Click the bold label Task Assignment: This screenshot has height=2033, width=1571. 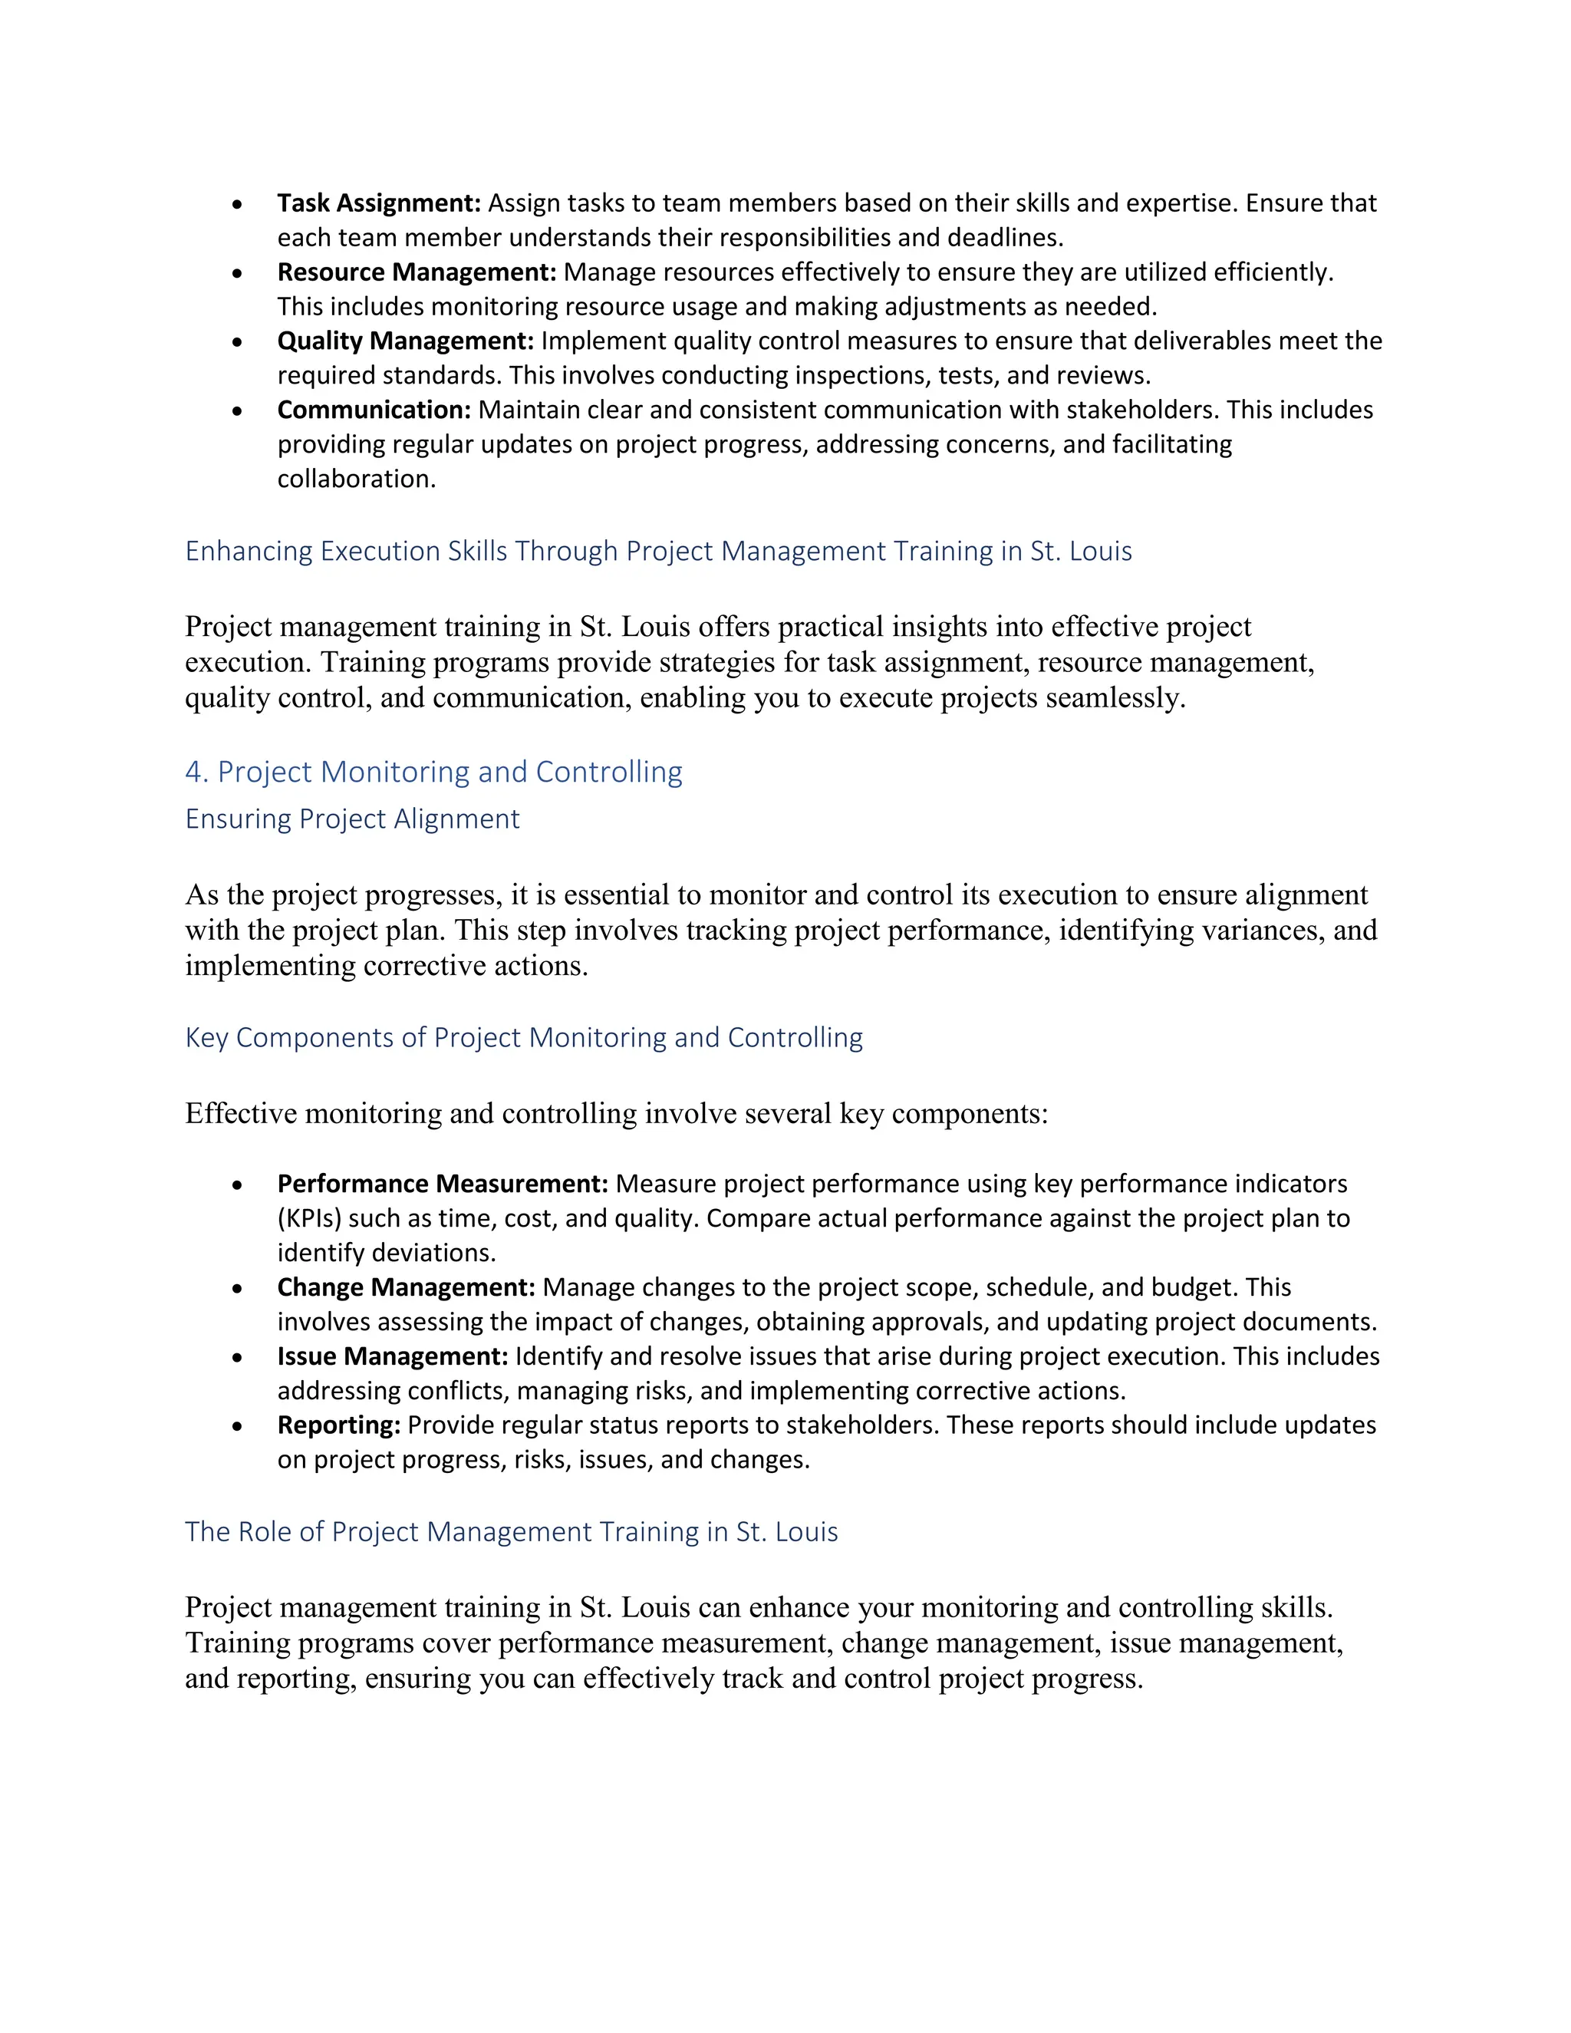point(379,203)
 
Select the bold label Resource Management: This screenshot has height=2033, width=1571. point(416,272)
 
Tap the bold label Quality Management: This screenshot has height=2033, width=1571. point(406,341)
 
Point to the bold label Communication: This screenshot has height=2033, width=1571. point(374,410)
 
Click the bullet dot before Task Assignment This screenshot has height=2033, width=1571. point(239,205)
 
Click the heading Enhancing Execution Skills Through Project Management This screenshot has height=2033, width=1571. point(658,551)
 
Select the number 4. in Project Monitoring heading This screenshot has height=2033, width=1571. point(196,772)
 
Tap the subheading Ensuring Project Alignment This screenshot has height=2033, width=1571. point(352,819)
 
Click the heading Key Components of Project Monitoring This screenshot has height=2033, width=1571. point(523,1037)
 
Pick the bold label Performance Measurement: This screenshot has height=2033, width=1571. point(442,1184)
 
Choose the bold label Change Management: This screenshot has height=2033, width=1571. point(406,1287)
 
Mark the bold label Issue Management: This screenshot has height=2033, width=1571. point(393,1356)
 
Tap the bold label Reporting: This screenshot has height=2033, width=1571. point(339,1425)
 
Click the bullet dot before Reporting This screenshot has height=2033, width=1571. point(239,1427)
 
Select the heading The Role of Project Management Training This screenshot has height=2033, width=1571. point(511,1532)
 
